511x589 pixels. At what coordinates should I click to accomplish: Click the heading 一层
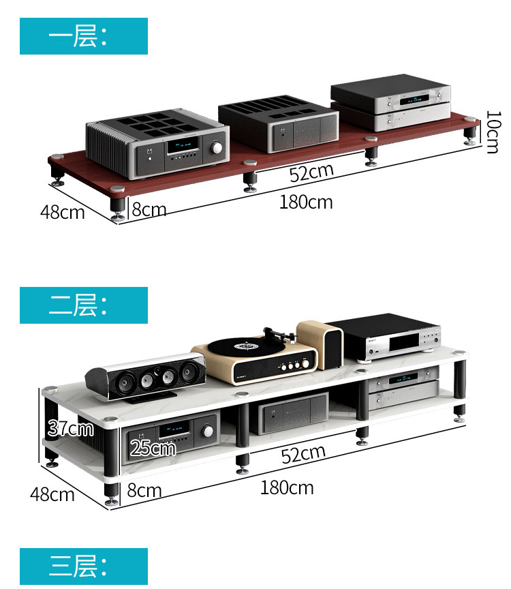(83, 36)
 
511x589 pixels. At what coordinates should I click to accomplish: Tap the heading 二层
(83, 305)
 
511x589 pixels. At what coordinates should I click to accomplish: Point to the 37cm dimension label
(70, 428)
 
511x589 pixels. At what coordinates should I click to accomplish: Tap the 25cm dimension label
(153, 448)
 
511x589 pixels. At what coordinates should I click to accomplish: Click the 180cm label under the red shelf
(305, 202)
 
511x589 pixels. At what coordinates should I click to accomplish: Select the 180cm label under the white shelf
(286, 487)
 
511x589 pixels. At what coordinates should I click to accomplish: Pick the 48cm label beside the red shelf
(62, 212)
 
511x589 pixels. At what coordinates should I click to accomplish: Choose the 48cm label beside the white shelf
(52, 494)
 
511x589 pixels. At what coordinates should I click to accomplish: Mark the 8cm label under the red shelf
(149, 209)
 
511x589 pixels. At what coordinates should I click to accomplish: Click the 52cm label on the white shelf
(303, 455)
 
